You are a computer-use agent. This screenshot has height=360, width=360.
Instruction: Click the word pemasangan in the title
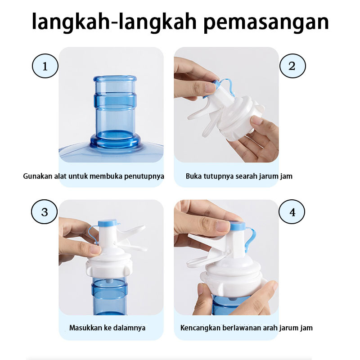tap(266, 22)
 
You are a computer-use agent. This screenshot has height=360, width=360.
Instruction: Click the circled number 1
tap(45, 66)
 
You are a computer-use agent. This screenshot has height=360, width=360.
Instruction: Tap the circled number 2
tap(292, 66)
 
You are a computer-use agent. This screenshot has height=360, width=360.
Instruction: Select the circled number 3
tap(44, 211)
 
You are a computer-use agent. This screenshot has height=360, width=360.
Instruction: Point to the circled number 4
tap(292, 211)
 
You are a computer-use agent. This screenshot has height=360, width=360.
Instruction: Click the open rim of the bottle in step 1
tap(115, 78)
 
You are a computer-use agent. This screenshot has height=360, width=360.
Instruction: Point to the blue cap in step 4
tap(238, 226)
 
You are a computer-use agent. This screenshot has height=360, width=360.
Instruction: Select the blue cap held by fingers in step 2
tap(216, 85)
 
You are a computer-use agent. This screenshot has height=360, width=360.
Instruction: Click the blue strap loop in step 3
tap(94, 234)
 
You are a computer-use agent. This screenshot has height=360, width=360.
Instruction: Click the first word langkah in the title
tap(71, 22)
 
